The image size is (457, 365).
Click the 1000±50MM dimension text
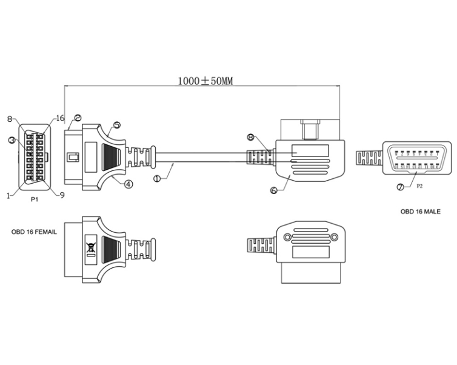point(205,81)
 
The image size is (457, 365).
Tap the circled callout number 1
point(157,178)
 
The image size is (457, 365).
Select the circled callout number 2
point(78,118)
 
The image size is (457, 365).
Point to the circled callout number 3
point(12,140)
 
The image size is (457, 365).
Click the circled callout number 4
point(128,184)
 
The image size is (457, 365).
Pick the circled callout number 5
point(117,125)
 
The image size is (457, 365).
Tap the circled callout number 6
point(274,190)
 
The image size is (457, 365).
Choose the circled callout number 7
point(401,187)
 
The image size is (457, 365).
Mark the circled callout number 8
point(251,137)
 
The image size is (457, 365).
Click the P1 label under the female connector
point(35,199)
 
